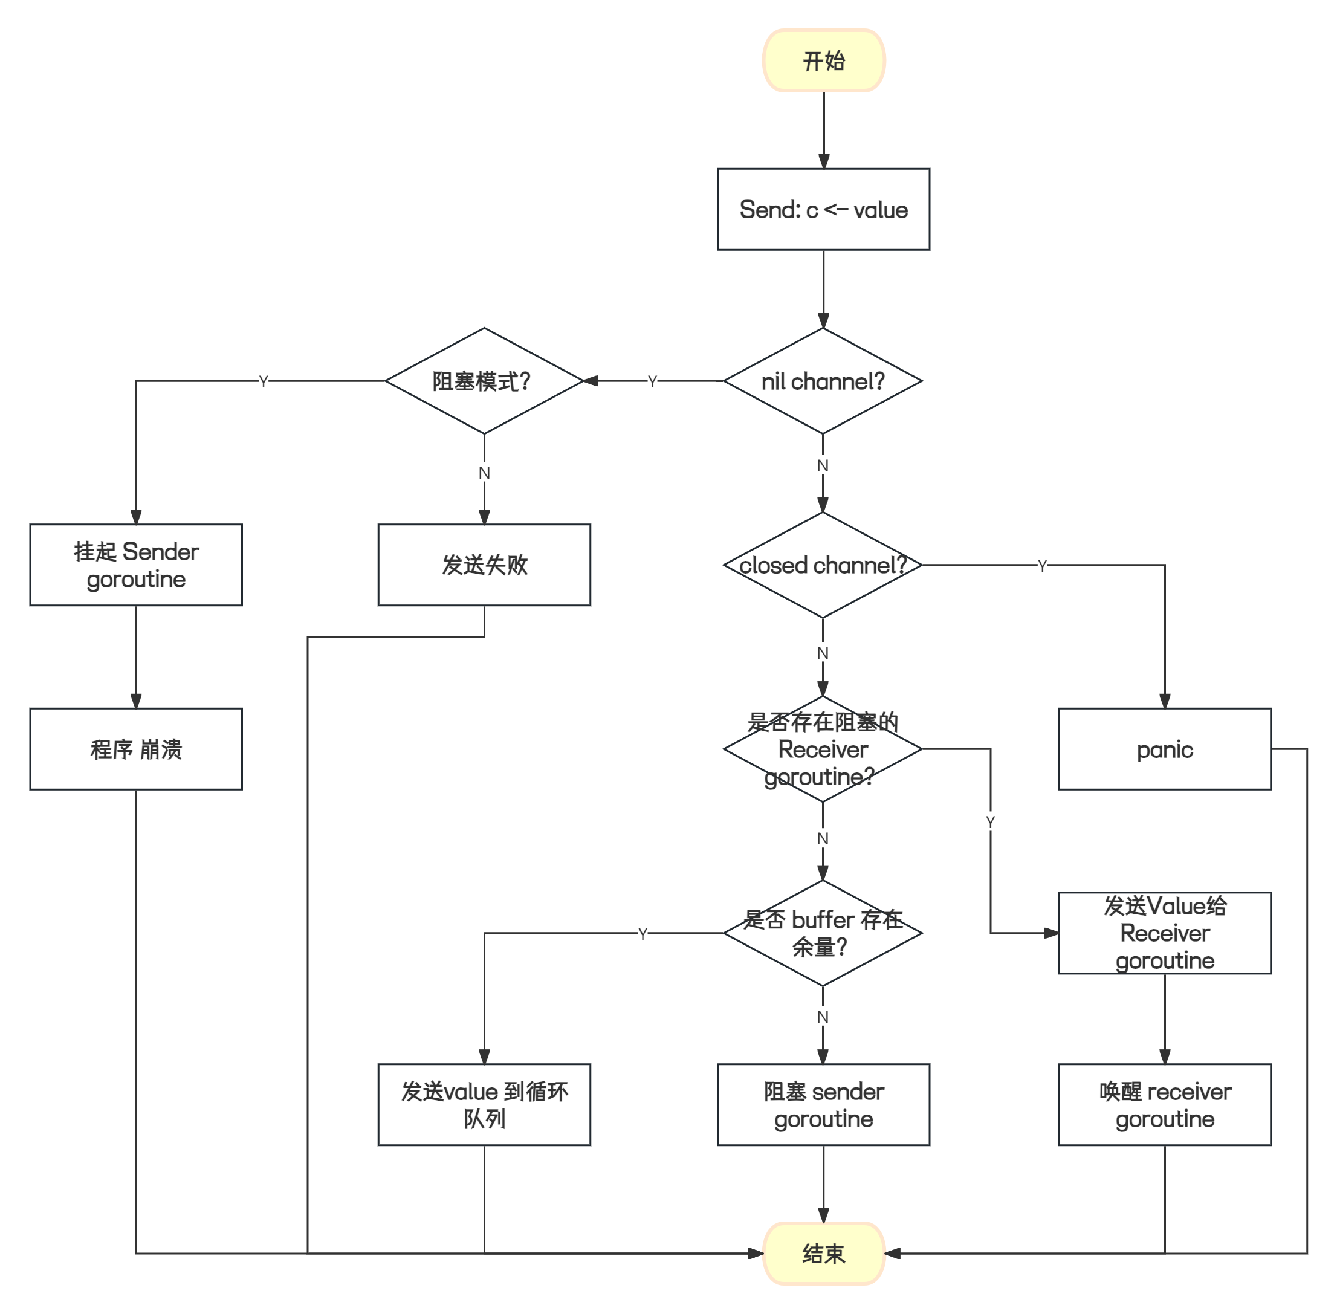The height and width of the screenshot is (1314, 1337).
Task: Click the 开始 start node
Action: click(x=823, y=60)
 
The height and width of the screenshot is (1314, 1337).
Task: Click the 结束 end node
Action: click(x=823, y=1254)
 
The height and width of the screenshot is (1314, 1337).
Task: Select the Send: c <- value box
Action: click(x=823, y=209)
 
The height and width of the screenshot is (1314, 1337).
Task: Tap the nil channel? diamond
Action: click(x=823, y=381)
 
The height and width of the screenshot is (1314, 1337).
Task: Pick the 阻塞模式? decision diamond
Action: click(x=484, y=381)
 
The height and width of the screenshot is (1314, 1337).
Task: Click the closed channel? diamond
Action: click(x=823, y=565)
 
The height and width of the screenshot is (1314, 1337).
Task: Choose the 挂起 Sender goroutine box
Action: click(x=136, y=565)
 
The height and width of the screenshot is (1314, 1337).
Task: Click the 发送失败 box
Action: click(x=484, y=565)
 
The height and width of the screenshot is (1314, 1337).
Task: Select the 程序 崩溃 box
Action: click(x=136, y=749)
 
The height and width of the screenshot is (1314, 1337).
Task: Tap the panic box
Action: click(x=1165, y=749)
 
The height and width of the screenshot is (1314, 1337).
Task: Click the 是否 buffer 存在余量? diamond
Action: click(x=823, y=933)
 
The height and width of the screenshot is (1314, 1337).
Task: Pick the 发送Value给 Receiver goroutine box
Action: click(x=1165, y=933)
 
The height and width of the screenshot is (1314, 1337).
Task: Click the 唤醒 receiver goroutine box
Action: click(x=1165, y=1105)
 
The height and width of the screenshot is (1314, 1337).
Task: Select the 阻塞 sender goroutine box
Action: click(x=823, y=1105)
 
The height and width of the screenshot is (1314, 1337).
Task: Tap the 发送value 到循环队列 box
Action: click(x=484, y=1105)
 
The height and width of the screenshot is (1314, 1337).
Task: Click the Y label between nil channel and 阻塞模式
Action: click(x=652, y=381)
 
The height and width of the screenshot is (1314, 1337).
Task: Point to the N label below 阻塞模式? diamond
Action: click(x=484, y=473)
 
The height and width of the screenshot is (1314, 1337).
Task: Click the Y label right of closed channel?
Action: click(x=1041, y=565)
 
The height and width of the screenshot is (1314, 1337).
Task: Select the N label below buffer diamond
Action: click(x=823, y=1017)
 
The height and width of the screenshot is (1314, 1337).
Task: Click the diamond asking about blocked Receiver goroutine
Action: click(x=823, y=749)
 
